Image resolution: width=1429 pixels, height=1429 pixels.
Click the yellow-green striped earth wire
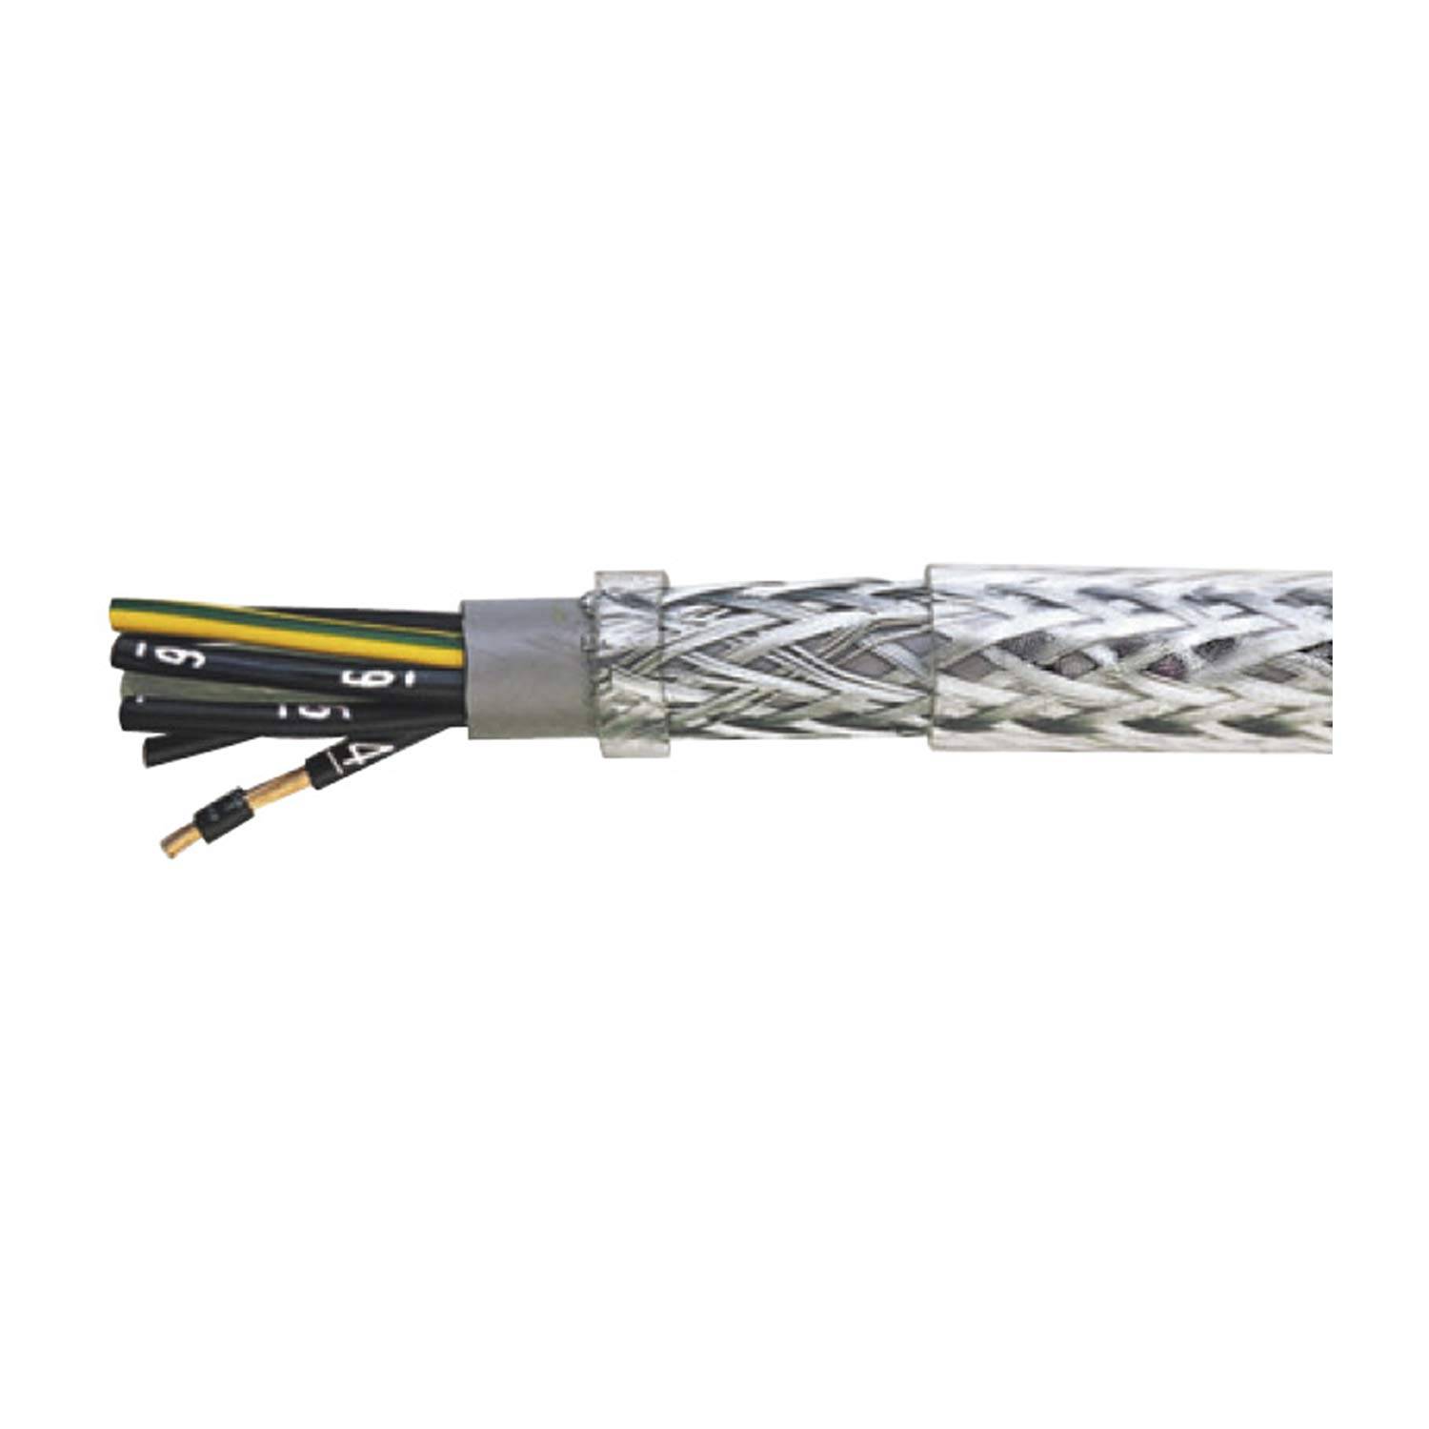pos(286,624)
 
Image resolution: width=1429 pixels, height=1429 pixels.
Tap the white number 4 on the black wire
pos(360,757)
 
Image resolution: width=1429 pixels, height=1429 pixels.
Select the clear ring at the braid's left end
pos(629,667)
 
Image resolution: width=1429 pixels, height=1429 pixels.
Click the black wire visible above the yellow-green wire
pos(400,616)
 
